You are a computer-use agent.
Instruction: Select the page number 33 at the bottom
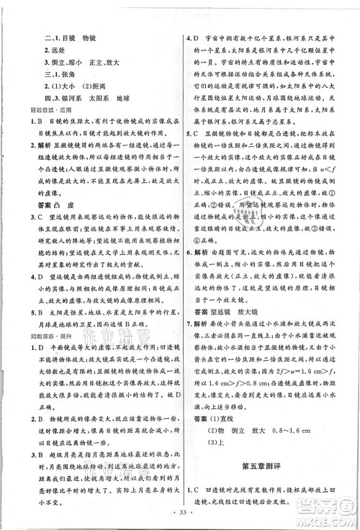[x=180, y=517]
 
